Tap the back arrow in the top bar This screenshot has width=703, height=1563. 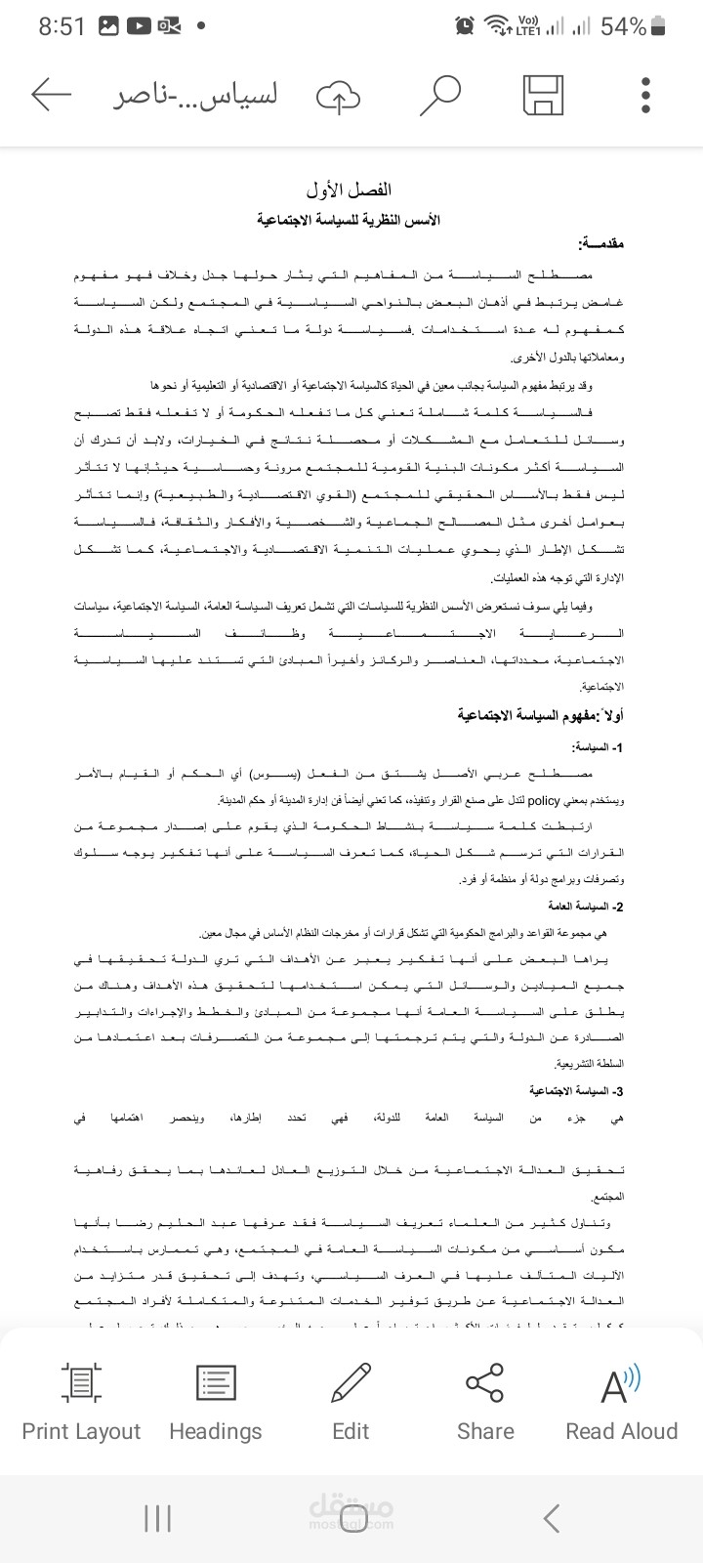52,95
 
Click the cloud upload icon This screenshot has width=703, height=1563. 338,96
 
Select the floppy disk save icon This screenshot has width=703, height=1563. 543,96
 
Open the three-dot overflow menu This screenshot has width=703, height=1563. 646,95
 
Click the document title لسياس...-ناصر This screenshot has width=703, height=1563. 193,96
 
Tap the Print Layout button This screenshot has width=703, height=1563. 81,1403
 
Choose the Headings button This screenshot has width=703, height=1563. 216,1403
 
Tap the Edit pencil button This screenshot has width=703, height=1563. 351,1403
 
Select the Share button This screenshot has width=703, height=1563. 485,1403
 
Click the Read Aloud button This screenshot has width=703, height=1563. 621,1403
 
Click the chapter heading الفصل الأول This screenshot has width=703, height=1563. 349,189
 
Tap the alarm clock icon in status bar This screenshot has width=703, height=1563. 465,26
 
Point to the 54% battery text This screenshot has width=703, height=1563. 623,26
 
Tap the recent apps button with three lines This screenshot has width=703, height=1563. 157,1518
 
